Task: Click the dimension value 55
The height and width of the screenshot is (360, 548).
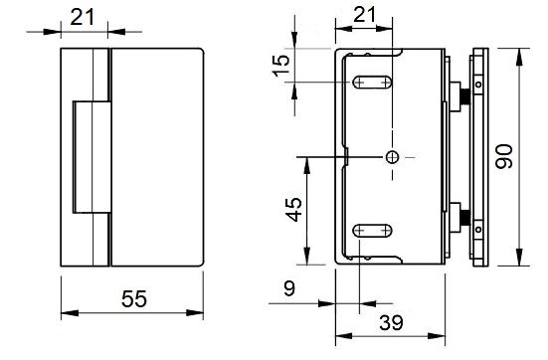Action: [x=134, y=298]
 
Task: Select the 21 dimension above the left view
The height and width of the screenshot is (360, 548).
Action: [x=83, y=17]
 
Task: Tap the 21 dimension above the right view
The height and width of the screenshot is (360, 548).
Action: [x=365, y=15]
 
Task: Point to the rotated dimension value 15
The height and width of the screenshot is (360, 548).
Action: [x=281, y=66]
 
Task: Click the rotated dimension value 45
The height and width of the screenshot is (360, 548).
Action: [x=294, y=210]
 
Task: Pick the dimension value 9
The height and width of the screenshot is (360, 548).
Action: [x=289, y=288]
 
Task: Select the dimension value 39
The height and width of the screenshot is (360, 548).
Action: [x=392, y=322]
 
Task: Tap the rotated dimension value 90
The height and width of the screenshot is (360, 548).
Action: [x=504, y=156]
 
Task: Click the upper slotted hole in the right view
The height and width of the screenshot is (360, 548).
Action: [x=372, y=83]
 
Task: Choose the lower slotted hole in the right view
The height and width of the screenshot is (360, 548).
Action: [x=372, y=231]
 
